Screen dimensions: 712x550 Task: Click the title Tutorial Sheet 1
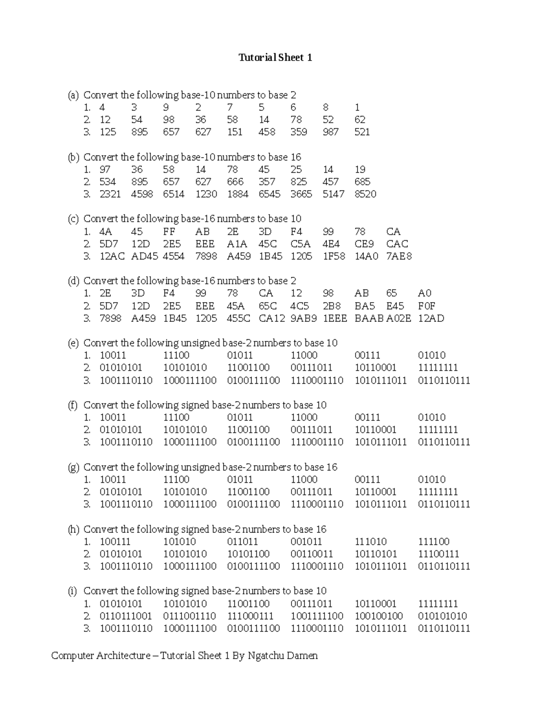(275, 57)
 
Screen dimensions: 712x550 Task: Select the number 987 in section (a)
(330, 132)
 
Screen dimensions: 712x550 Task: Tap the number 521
(362, 132)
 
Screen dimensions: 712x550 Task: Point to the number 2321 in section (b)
(110, 194)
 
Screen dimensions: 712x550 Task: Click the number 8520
(365, 194)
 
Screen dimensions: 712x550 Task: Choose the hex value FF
(169, 232)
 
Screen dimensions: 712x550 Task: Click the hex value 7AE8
(399, 256)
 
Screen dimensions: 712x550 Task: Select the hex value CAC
(397, 244)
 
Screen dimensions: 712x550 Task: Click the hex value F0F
(426, 306)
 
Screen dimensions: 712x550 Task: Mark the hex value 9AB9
(303, 318)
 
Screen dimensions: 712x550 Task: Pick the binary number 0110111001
(126, 616)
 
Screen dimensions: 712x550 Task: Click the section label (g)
(73, 467)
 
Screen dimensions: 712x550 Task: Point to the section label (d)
(73, 281)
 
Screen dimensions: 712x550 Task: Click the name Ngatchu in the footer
(266, 656)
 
